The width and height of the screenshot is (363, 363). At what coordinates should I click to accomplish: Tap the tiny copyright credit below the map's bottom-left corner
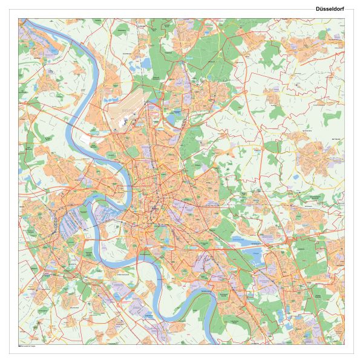(27, 346)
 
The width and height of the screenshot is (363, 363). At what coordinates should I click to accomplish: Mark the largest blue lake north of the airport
(147, 62)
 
